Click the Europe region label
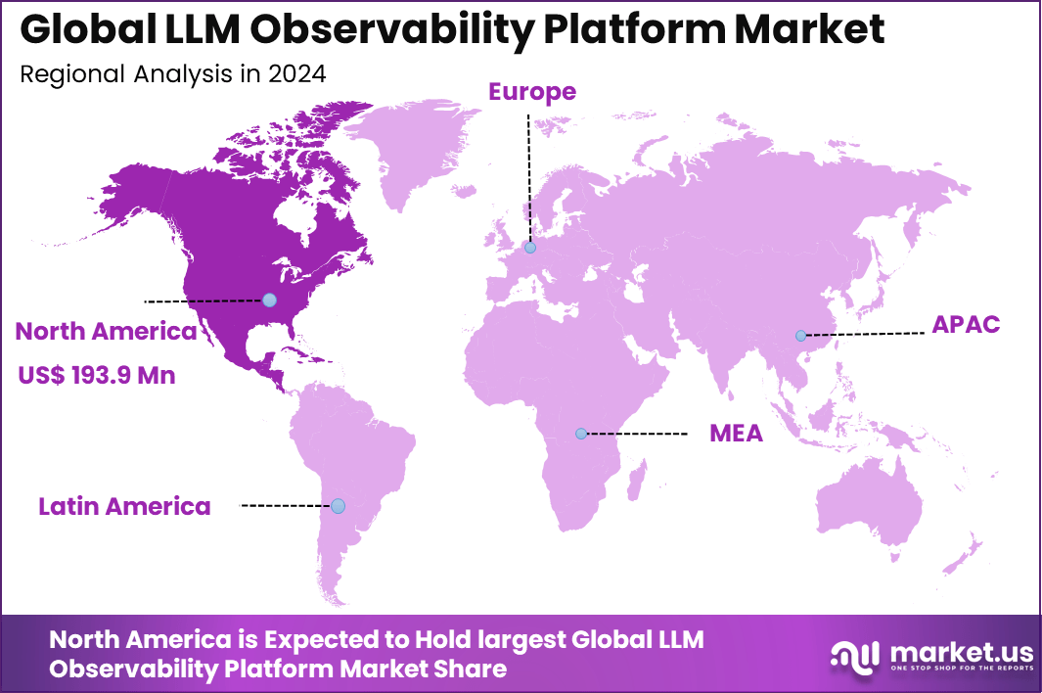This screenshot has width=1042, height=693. coord(532,92)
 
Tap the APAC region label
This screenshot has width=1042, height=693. coord(966,324)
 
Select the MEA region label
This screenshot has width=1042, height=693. coord(736,433)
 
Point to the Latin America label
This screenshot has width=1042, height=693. coord(124,506)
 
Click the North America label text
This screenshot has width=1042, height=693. coord(106,332)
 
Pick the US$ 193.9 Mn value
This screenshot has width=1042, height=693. coord(97,374)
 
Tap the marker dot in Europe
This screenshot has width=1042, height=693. coord(529,249)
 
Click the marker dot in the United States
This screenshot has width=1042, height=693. coord(270,300)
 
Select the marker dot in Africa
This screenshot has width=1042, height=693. coord(581,433)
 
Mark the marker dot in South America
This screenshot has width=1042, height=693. coord(338,506)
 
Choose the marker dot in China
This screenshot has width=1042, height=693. coord(800,336)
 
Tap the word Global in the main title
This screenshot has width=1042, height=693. coord(79,30)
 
